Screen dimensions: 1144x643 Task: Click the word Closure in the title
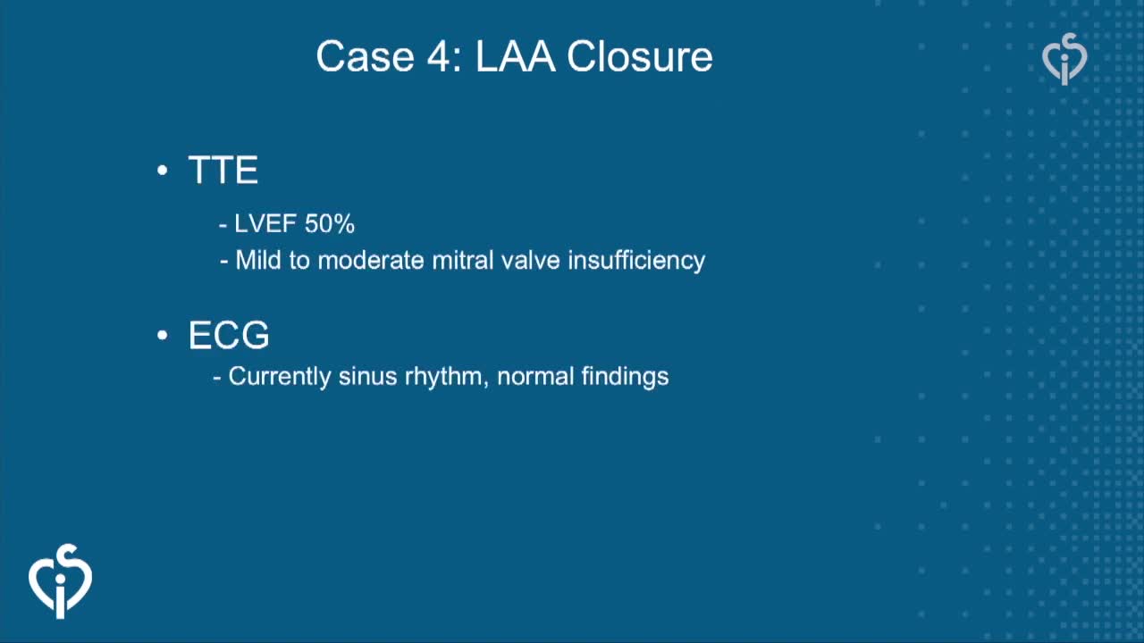point(639,56)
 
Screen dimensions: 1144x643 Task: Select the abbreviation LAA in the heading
point(516,56)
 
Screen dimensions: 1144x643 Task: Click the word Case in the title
point(365,56)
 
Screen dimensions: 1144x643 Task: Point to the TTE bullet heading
point(223,170)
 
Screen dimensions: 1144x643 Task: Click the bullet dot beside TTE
point(163,170)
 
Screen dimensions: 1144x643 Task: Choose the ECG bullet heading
point(229,335)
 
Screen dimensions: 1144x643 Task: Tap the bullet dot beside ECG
point(163,335)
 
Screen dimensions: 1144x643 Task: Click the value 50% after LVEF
point(330,223)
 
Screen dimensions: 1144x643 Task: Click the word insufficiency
point(636,260)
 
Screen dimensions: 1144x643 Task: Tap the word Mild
point(258,260)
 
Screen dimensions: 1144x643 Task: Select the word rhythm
point(443,377)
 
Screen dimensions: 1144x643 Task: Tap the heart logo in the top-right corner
point(1064,59)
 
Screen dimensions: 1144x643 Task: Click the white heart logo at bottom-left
point(60,581)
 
